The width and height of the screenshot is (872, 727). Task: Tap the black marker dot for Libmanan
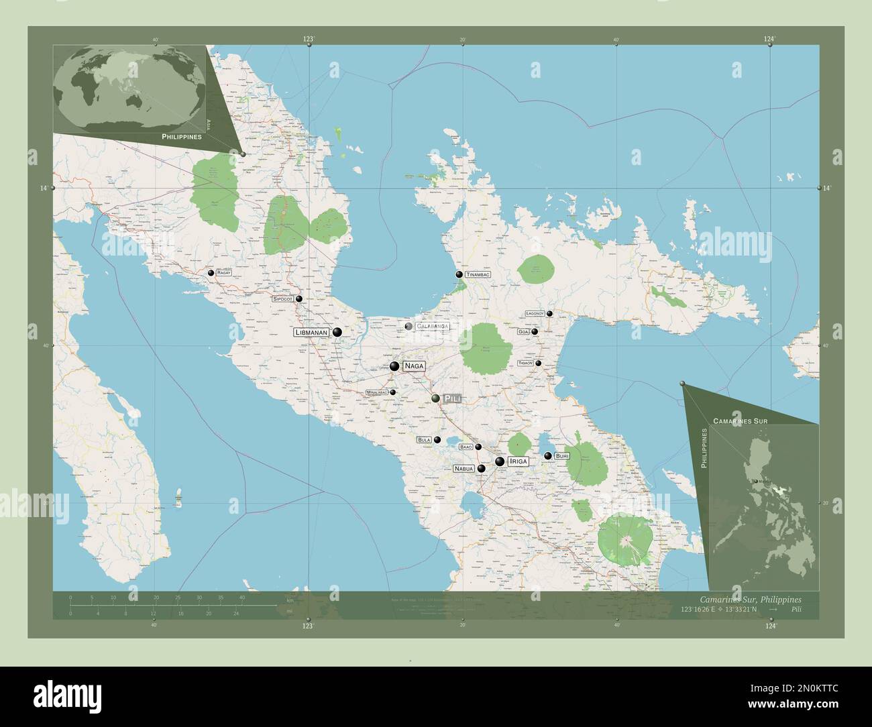click(337, 332)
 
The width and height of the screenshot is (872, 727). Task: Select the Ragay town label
click(224, 274)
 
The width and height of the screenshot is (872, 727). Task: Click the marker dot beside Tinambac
click(459, 274)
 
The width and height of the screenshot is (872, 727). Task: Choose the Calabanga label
click(432, 327)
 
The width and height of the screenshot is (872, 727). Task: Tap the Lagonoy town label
click(535, 313)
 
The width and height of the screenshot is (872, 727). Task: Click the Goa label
click(523, 331)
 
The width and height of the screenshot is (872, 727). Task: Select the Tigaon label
click(525, 363)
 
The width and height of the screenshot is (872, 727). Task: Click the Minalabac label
click(376, 392)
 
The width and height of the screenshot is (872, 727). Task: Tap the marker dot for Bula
click(437, 440)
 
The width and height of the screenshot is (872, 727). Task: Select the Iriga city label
click(518, 461)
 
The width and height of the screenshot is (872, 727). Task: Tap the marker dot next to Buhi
click(547, 455)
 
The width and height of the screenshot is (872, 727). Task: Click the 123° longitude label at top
click(308, 40)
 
